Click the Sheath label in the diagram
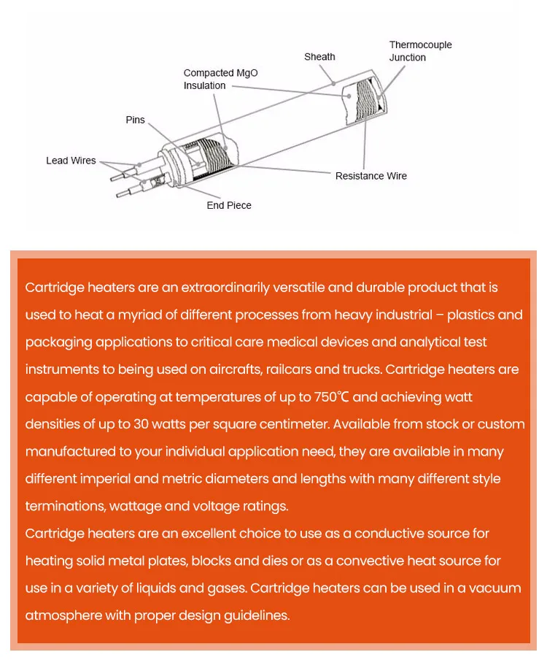(319, 57)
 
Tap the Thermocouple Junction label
(420, 51)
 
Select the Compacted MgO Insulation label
(220, 79)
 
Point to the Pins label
(135, 120)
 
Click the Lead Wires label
(71, 161)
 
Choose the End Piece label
(228, 206)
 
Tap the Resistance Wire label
(371, 176)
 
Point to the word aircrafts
(230, 369)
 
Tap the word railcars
(292, 369)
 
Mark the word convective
(389, 561)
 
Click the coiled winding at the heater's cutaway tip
(366, 103)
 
